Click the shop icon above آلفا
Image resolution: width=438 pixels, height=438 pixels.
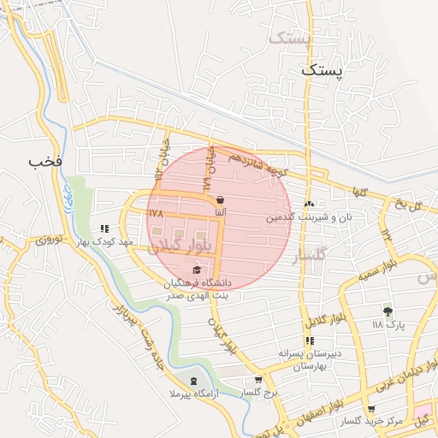[221, 199]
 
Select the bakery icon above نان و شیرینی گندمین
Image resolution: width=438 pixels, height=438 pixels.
[309, 204]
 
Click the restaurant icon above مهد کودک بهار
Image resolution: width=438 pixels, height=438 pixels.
[104, 228]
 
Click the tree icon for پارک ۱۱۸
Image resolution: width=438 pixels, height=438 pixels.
[388, 311]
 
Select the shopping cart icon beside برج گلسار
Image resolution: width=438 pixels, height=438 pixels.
[257, 381]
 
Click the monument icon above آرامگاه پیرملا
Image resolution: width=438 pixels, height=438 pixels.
[192, 380]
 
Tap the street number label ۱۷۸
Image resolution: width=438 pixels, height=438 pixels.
[155, 211]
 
